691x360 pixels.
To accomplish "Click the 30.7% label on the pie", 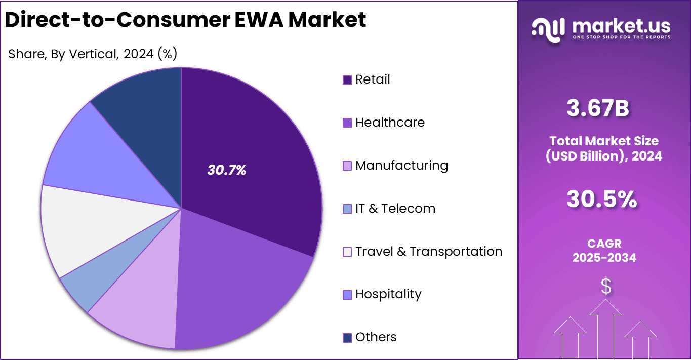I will coord(226,170).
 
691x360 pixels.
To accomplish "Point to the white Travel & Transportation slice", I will coord(76,228).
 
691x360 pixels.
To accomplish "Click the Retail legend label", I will coord(373,79).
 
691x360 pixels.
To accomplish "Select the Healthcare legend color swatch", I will coord(347,123).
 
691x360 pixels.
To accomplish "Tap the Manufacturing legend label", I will coord(401,166).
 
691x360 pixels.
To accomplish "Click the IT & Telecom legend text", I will coord(395,209).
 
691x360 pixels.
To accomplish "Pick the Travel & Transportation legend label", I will coord(428,252).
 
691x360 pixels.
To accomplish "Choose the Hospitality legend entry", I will coord(388,294).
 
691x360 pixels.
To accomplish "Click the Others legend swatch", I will coord(347,338).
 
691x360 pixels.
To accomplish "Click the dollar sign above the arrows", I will coord(605,287).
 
